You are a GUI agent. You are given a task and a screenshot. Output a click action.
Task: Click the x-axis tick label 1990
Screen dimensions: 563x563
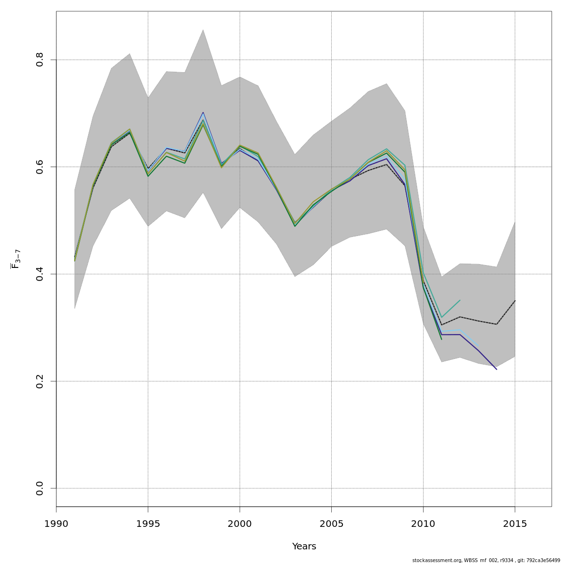[56, 524]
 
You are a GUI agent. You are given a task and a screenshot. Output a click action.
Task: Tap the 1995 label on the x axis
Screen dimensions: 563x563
[148, 524]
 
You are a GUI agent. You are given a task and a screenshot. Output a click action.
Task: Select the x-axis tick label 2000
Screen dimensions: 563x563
[240, 524]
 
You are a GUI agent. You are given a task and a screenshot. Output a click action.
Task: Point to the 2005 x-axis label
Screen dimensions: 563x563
[331, 524]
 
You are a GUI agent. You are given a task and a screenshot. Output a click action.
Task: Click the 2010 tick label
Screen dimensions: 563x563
[423, 524]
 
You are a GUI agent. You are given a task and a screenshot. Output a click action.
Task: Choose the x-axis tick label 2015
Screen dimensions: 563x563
[515, 524]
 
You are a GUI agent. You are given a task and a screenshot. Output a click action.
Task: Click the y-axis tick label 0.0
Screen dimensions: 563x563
[40, 488]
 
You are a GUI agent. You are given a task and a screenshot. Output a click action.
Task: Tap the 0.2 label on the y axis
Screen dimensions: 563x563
[40, 381]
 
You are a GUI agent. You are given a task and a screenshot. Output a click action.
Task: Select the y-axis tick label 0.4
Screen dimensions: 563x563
[40, 274]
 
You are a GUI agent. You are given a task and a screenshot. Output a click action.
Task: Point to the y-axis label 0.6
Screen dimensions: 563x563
[40, 167]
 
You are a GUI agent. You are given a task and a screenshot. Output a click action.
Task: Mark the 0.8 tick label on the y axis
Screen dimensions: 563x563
[40, 60]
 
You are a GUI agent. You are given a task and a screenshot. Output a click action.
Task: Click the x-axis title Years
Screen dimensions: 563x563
[304, 547]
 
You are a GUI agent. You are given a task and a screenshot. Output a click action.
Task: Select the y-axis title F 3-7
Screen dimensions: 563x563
[16, 259]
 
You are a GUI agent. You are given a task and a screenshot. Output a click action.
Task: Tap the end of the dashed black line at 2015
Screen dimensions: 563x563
[515, 301]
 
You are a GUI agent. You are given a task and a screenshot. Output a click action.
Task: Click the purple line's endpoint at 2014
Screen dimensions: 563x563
[496, 369]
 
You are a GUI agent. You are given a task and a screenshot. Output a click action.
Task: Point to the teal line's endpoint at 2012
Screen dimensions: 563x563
[460, 300]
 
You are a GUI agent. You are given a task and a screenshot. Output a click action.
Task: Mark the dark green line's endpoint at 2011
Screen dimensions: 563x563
[441, 339]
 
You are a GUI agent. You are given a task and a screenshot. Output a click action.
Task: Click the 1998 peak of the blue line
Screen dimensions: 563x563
[203, 112]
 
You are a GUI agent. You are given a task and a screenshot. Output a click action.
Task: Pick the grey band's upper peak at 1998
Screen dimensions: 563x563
[203, 30]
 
